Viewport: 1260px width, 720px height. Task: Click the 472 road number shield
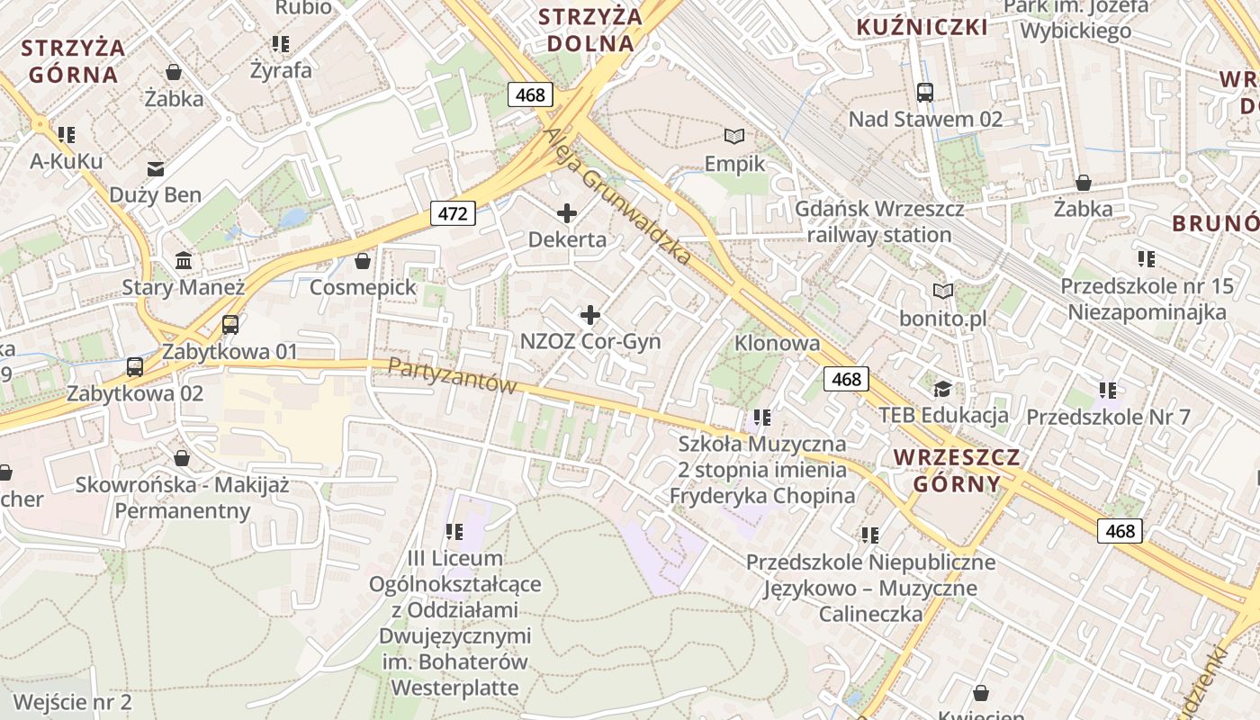452,213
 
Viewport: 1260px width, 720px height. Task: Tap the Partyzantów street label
453,375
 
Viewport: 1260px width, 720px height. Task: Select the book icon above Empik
735,136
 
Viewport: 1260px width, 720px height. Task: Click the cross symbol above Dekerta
567,213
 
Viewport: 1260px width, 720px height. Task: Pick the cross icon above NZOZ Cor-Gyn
590,315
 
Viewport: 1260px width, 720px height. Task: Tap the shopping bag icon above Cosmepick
363,261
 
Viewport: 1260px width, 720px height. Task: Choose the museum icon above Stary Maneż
184,261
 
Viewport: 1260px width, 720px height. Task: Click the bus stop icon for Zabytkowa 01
230,325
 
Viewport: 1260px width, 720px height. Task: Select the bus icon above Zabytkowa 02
135,366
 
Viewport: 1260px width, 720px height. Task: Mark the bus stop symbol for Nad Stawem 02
925,92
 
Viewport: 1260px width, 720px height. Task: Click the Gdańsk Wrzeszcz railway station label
879,221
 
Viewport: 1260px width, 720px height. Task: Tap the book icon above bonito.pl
943,291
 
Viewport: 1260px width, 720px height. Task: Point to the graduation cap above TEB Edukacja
942,389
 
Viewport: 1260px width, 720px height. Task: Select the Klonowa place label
778,343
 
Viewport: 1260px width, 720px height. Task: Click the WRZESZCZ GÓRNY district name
957,470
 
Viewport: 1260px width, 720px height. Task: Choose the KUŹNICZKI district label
922,27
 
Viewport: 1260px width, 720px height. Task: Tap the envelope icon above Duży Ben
156,168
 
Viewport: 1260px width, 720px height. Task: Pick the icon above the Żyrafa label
281,43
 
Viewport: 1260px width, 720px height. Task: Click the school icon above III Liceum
454,532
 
